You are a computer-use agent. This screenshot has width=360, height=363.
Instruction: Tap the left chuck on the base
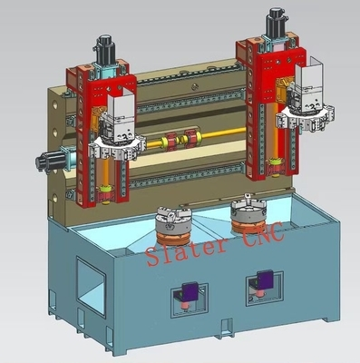tap(172, 220)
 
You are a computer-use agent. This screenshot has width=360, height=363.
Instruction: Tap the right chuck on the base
tap(248, 209)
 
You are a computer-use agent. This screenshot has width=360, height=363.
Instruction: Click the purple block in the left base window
tap(190, 291)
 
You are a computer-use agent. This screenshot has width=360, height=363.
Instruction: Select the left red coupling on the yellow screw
tap(171, 142)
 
